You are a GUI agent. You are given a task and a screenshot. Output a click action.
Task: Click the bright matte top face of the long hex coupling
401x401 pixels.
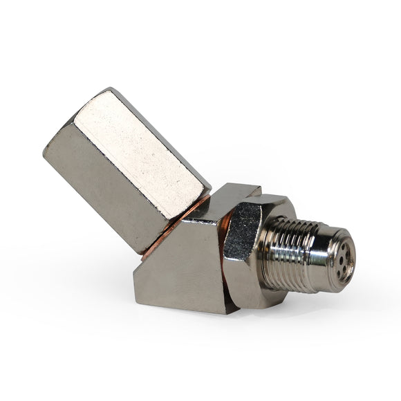[138, 156]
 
